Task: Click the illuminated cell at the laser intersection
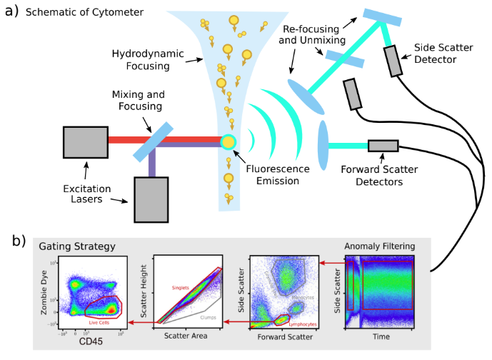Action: (x=228, y=141)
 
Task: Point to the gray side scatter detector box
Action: (x=394, y=61)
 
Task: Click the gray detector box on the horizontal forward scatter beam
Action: (x=383, y=146)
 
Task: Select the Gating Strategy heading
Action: (x=77, y=246)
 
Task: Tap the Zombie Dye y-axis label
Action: (x=46, y=293)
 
